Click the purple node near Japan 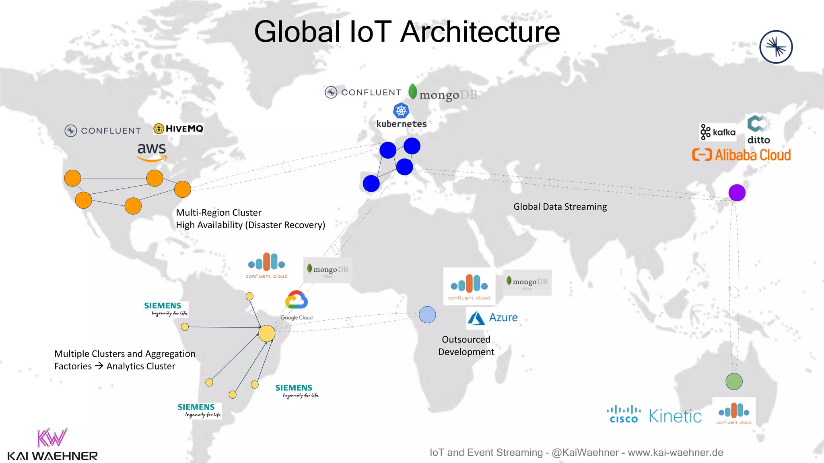(x=737, y=193)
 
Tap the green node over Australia (x=734, y=381)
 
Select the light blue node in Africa (x=427, y=315)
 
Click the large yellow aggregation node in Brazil (x=266, y=333)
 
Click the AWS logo (x=152, y=152)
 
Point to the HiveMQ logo (x=179, y=129)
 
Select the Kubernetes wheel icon (x=401, y=111)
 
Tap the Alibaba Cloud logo (x=741, y=155)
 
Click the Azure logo (x=492, y=318)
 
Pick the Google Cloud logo (x=297, y=305)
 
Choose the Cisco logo (x=624, y=414)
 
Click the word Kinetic (x=675, y=416)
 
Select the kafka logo (x=718, y=132)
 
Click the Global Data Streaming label (x=560, y=207)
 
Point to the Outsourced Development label (x=466, y=346)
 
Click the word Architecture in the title (x=480, y=32)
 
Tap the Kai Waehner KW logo (x=52, y=438)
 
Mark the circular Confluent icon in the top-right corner (x=776, y=47)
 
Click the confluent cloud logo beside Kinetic (x=734, y=412)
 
